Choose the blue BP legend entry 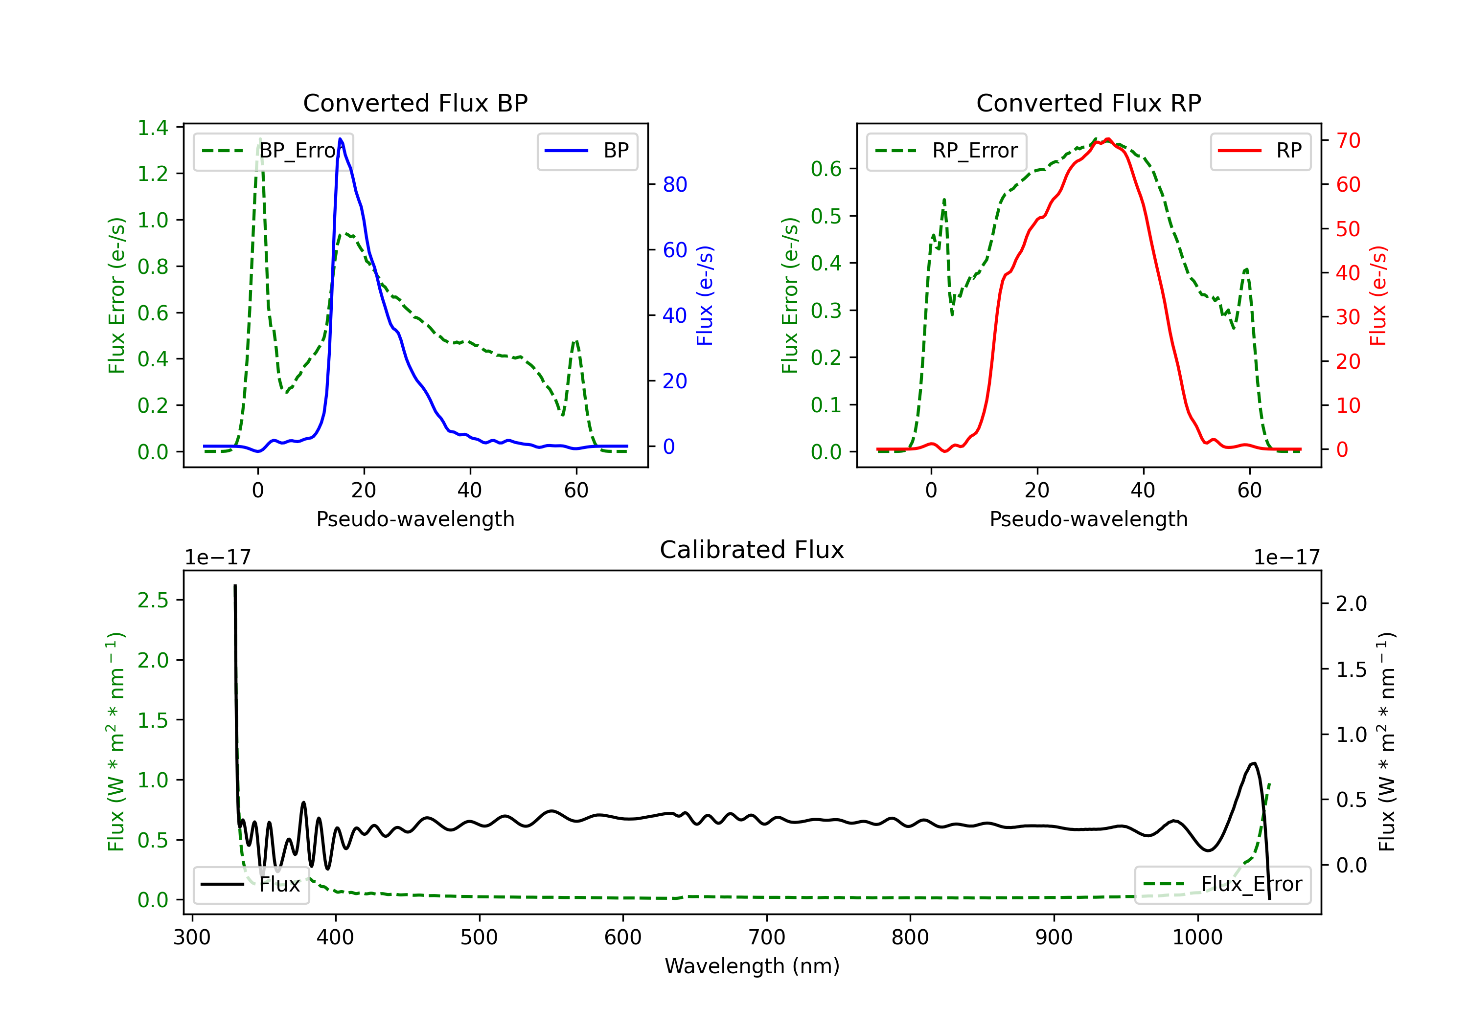[587, 151]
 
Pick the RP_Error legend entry [946, 151]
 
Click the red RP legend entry [1260, 151]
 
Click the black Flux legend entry [251, 885]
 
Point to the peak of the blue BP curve [340, 139]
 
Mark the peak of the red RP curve [1107, 139]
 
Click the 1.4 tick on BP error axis [153, 128]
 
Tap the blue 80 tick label [674, 185]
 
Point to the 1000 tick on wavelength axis [1197, 938]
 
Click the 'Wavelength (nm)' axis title [752, 966]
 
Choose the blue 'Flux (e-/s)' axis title [705, 296]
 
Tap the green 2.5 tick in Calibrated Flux [153, 601]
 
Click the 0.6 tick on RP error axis [826, 169]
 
